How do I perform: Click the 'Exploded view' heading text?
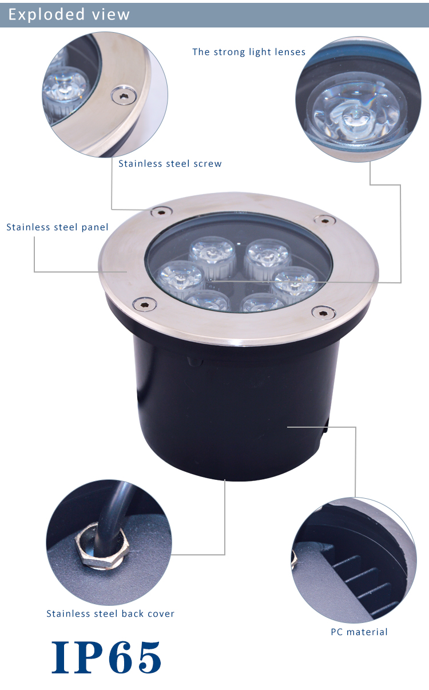coord(69,14)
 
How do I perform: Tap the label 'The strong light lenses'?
coord(249,52)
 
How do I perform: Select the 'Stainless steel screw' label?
coord(170,164)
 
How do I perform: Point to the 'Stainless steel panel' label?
coord(57,227)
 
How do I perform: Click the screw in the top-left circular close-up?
coord(124,96)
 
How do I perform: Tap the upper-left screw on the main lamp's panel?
coord(161,212)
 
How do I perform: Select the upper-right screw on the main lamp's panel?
coord(324,220)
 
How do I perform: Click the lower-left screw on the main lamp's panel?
coord(144,305)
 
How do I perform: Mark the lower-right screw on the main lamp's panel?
coord(323,313)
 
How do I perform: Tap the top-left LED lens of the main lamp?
coord(212,254)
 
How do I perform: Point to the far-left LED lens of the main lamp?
coord(180,279)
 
